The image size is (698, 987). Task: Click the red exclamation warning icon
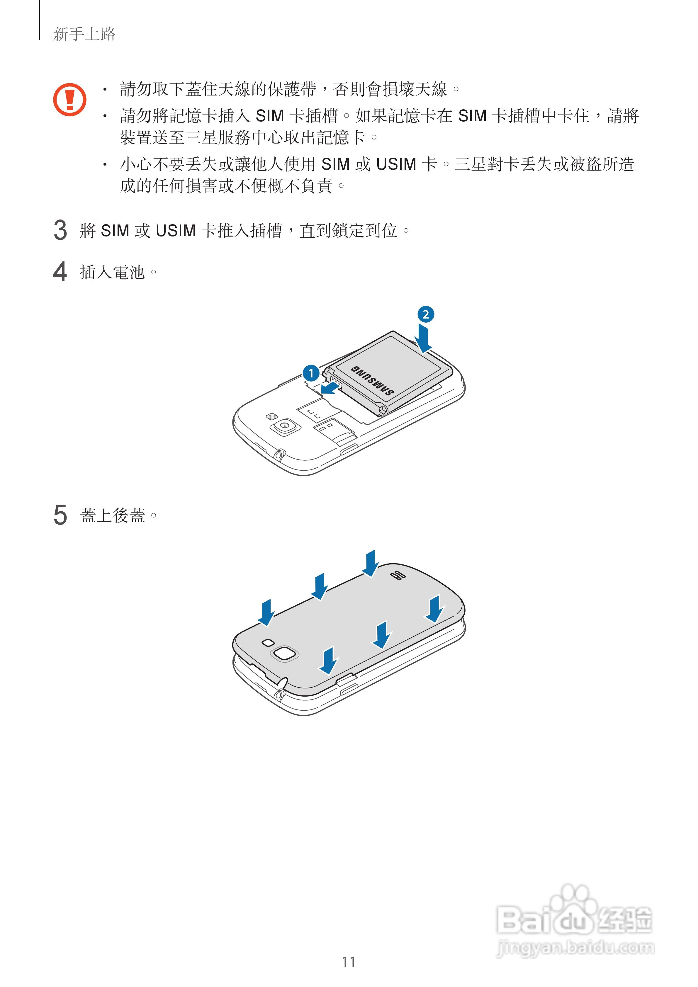[x=70, y=100]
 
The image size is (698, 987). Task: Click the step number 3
[x=60, y=230]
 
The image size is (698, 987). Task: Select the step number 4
[x=60, y=272]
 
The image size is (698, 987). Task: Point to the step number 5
[x=60, y=515]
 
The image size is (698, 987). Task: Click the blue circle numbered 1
[x=310, y=373]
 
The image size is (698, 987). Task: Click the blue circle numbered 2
[x=425, y=314]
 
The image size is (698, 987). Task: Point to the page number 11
[x=348, y=962]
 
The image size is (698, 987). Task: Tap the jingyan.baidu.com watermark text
[x=575, y=947]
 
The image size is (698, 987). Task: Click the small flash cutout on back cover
[x=268, y=642]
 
